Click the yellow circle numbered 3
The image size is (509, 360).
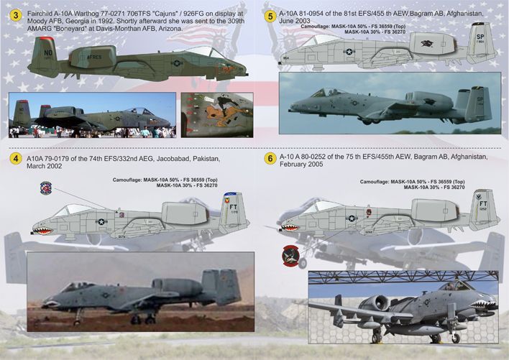(14, 14)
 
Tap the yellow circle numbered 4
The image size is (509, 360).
(14, 158)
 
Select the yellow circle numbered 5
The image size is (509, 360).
(270, 14)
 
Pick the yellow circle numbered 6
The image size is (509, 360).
(270, 158)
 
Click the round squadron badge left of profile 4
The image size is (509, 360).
(45, 188)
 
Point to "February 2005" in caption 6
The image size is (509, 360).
(298, 165)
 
